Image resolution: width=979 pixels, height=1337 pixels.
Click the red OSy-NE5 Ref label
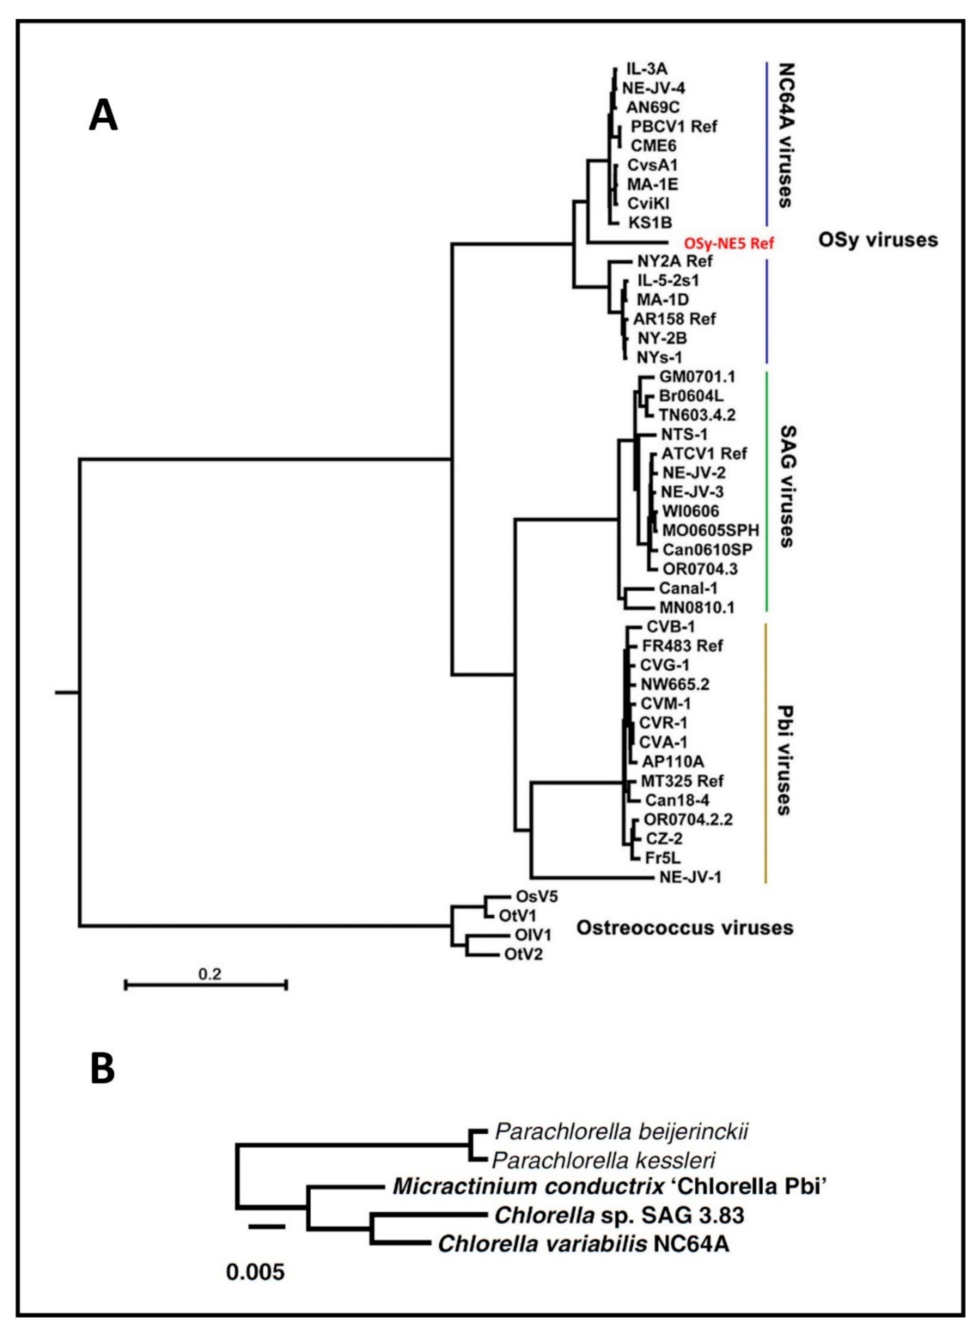728,244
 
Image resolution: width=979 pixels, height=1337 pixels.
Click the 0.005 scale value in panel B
255,1272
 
